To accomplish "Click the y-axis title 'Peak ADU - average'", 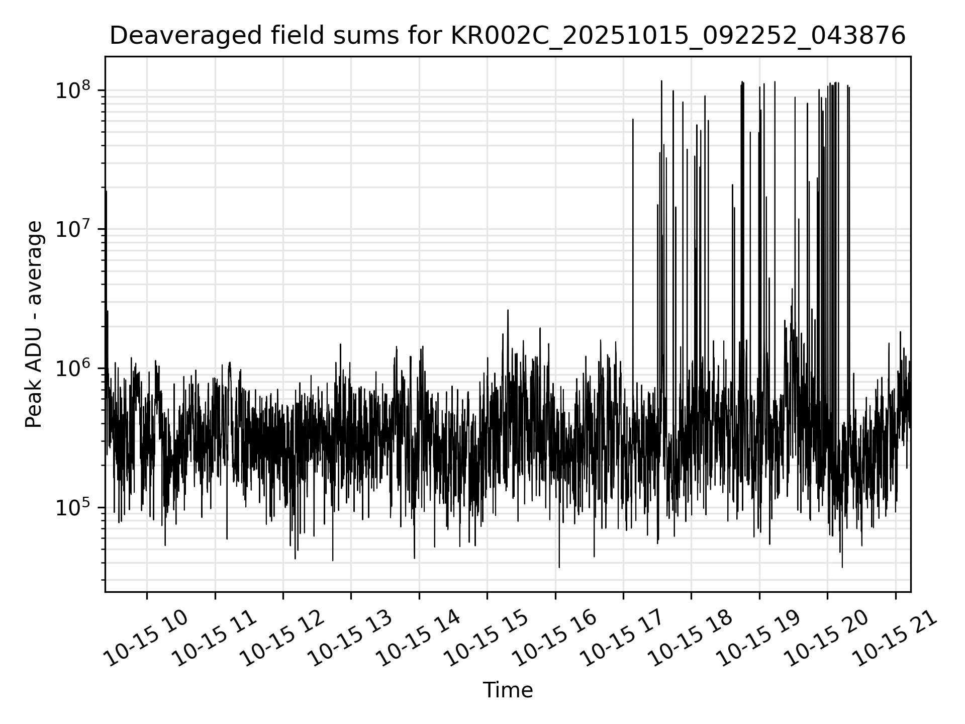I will [x=34, y=324].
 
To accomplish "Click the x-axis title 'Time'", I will [x=508, y=690].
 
